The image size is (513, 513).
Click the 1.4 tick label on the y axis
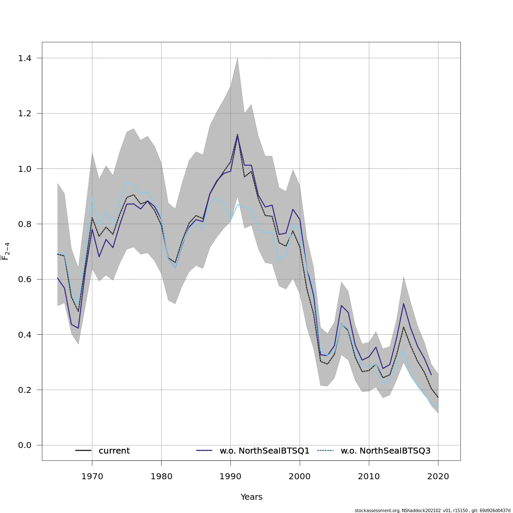pos(24,58)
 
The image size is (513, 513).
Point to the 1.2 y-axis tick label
pos(24,113)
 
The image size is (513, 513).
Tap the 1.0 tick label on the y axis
pos(24,168)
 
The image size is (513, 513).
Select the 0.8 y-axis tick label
pos(24,224)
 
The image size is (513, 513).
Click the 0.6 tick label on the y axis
pos(24,279)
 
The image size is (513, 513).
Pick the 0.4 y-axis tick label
pos(24,334)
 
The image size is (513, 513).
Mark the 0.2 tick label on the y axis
pos(24,390)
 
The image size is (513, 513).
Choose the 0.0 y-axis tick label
pos(24,445)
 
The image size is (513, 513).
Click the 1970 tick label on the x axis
pos(92,476)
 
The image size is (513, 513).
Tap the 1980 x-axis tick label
pos(161,476)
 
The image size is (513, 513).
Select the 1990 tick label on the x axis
pos(230,476)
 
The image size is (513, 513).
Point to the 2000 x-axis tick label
pos(300,476)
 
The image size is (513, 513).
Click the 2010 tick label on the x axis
pos(369,476)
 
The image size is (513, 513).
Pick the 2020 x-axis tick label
pos(438,476)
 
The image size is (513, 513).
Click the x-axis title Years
pos(251,497)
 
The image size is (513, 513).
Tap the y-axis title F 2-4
pos(6,251)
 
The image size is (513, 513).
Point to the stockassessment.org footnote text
pos(432,510)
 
